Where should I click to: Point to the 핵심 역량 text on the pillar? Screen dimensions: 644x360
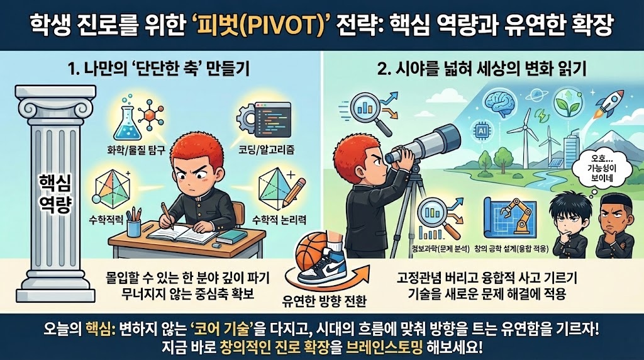(x=55, y=193)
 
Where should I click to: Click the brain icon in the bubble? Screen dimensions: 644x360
(x=498, y=103)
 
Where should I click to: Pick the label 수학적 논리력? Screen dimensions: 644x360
(x=279, y=220)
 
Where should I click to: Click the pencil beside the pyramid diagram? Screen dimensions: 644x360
(x=294, y=191)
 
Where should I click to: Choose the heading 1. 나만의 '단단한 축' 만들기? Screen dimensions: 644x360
(x=158, y=70)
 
